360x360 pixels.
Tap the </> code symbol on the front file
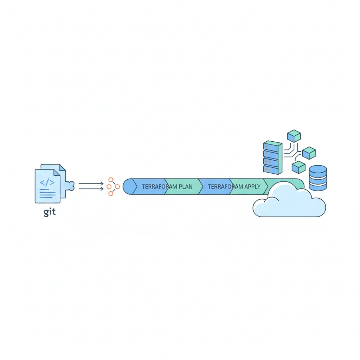47,182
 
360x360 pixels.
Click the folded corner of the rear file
62,168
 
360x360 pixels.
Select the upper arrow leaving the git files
91,183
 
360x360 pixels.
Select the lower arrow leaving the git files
91,189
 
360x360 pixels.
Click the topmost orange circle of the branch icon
111,180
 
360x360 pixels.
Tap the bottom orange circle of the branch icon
111,193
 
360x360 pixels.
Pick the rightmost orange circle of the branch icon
117,186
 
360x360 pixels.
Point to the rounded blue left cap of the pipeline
129,186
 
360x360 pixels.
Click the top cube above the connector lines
294,136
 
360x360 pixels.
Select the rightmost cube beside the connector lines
309,153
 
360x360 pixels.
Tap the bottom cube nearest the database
298,167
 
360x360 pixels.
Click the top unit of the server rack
272,146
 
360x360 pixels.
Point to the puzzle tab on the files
70,186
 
